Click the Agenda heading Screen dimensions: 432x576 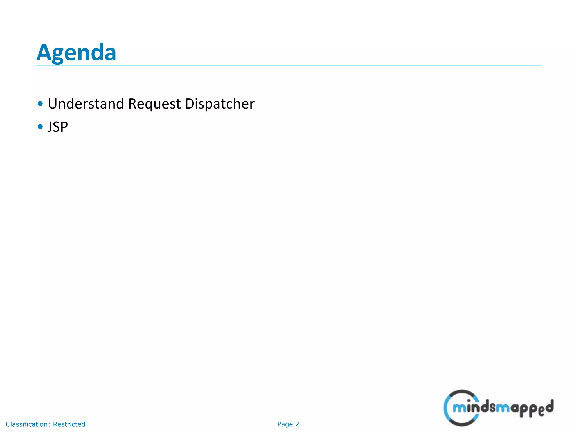(x=76, y=53)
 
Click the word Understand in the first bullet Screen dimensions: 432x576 (x=86, y=104)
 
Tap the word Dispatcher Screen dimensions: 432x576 (x=220, y=104)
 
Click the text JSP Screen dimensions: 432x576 (x=58, y=127)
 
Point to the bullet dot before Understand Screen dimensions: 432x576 (x=40, y=104)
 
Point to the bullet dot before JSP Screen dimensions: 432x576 (x=40, y=127)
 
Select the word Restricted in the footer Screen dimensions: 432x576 (x=69, y=424)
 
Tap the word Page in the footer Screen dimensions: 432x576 (x=285, y=424)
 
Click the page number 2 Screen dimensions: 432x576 (x=297, y=424)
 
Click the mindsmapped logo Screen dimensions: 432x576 (x=498, y=408)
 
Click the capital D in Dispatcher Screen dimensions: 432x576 (x=190, y=103)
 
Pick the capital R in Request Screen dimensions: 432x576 (x=133, y=103)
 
